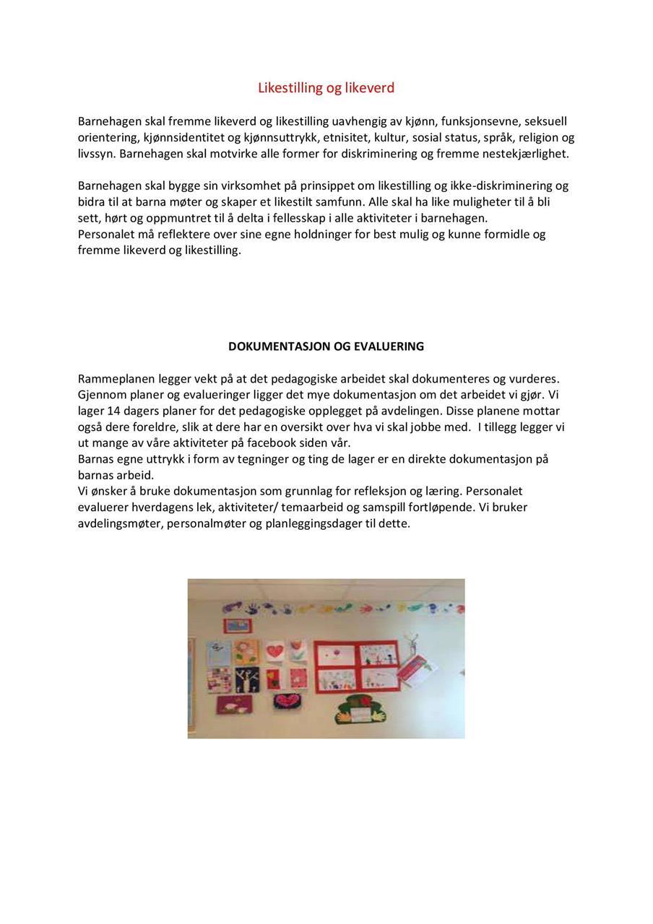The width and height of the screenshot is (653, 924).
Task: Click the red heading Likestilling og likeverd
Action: pos(326,88)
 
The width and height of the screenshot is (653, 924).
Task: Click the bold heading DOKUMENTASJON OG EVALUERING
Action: pos(326,346)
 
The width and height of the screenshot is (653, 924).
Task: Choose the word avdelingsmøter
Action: pos(119,523)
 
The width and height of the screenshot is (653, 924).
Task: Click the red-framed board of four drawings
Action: pos(357,666)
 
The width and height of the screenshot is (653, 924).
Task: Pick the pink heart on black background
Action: pos(291,702)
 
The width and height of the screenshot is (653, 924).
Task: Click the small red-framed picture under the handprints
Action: pos(235,626)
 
